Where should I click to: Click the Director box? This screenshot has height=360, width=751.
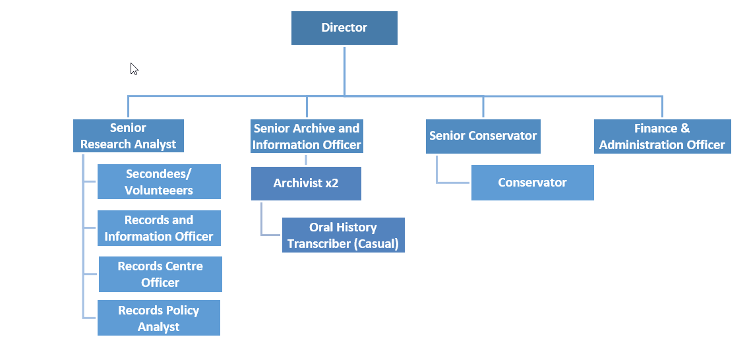pos(344,28)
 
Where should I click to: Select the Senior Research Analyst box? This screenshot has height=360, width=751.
pos(129,136)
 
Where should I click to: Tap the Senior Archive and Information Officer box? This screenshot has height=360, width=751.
pos(307,136)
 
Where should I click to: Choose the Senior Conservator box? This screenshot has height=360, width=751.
pos(483,136)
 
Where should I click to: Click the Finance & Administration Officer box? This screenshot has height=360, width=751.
pos(662,136)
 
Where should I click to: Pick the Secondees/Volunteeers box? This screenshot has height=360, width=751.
pos(159,182)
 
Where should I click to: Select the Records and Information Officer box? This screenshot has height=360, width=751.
pos(159,228)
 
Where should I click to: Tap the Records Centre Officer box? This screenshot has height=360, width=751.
pos(160,274)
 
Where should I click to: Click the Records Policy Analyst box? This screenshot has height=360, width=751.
pos(158,318)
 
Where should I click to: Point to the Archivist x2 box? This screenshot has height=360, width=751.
pos(306,183)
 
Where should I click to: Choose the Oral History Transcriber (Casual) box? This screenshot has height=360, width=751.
pos(343,235)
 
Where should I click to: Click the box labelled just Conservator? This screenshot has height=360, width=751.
pos(532,183)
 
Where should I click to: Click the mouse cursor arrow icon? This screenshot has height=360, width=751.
pos(134,69)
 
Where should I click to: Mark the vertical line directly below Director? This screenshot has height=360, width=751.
pos(344,69)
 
